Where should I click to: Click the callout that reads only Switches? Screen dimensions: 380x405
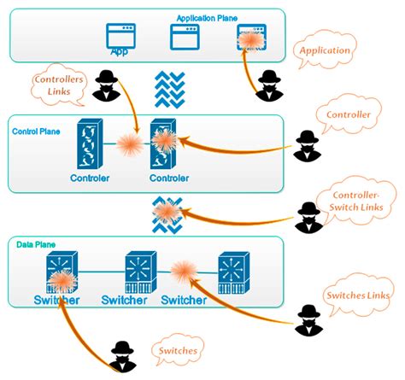[177, 350]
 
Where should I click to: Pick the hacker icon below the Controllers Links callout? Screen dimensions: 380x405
[106, 85]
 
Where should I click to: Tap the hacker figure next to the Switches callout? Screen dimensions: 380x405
[123, 354]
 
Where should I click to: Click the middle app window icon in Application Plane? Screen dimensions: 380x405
[185, 38]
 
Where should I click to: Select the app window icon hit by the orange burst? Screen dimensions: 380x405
[249, 38]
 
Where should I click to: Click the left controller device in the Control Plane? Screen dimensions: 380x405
[89, 145]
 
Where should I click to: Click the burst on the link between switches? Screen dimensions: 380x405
[185, 272]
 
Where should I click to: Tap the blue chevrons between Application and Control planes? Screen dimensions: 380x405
[169, 89]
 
